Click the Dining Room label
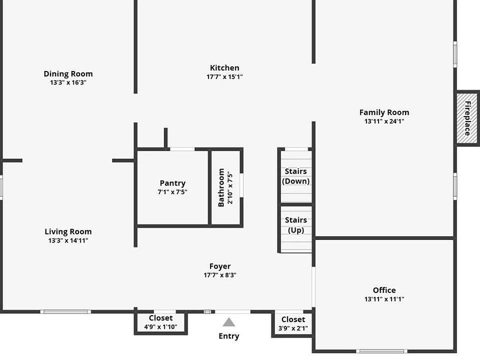tap(68, 74)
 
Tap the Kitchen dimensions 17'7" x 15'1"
tap(224, 77)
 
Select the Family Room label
tap(384, 112)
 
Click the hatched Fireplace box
tap(467, 118)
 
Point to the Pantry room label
tap(172, 183)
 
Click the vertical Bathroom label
tap(221, 187)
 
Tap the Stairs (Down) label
tap(295, 176)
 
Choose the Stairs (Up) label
tap(295, 225)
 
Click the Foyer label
tap(220, 266)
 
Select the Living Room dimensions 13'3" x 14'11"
tap(68, 240)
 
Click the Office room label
tap(384, 290)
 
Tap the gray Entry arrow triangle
tap(228, 322)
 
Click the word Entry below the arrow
tap(228, 336)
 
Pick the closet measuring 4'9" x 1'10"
tap(160, 322)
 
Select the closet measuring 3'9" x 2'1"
tap(293, 324)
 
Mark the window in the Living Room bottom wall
tap(66, 311)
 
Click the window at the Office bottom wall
tap(381, 351)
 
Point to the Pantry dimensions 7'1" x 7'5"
tap(172, 192)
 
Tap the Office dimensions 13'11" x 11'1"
tap(384, 299)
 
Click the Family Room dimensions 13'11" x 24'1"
tap(384, 121)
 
